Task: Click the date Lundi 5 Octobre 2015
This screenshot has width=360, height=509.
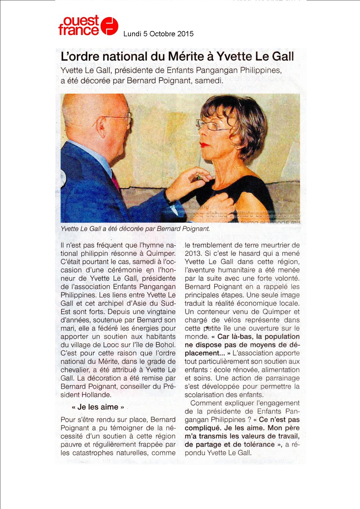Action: (158, 34)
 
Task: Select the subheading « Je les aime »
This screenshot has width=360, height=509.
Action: (98, 407)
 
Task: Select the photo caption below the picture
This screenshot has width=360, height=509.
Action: (135, 229)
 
